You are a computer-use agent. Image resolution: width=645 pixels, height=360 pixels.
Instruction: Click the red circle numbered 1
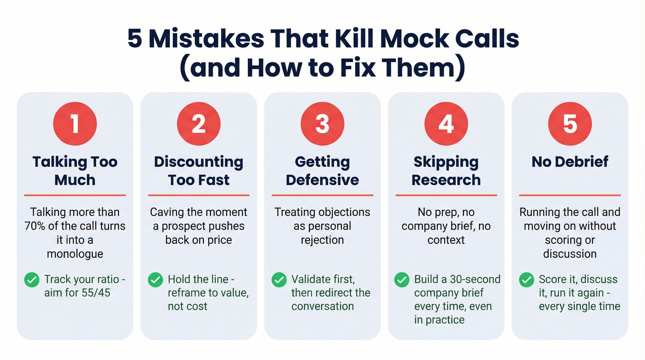click(75, 124)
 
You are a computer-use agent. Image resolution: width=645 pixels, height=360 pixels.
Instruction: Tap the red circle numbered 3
click(322, 124)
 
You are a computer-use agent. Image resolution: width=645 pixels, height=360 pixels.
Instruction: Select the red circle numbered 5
click(570, 124)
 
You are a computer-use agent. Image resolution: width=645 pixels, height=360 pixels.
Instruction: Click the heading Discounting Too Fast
click(199, 171)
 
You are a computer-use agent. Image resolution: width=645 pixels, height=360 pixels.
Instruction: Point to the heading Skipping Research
click(446, 171)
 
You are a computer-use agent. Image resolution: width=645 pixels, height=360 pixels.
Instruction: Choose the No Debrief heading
click(570, 162)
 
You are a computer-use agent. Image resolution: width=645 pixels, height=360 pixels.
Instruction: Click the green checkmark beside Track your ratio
click(31, 279)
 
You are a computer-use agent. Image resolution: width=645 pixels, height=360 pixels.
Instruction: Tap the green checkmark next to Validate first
click(279, 279)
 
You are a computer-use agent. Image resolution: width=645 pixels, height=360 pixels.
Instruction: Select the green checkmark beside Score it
click(526, 279)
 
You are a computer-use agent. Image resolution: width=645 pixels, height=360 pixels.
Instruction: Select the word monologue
click(75, 254)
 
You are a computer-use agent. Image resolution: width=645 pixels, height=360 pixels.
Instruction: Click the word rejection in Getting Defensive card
click(322, 240)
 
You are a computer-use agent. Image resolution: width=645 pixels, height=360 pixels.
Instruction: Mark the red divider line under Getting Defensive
click(322, 195)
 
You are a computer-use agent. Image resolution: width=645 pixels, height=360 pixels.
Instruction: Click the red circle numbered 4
click(446, 124)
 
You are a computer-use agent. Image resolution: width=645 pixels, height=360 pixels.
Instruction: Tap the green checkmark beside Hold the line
click(155, 279)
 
